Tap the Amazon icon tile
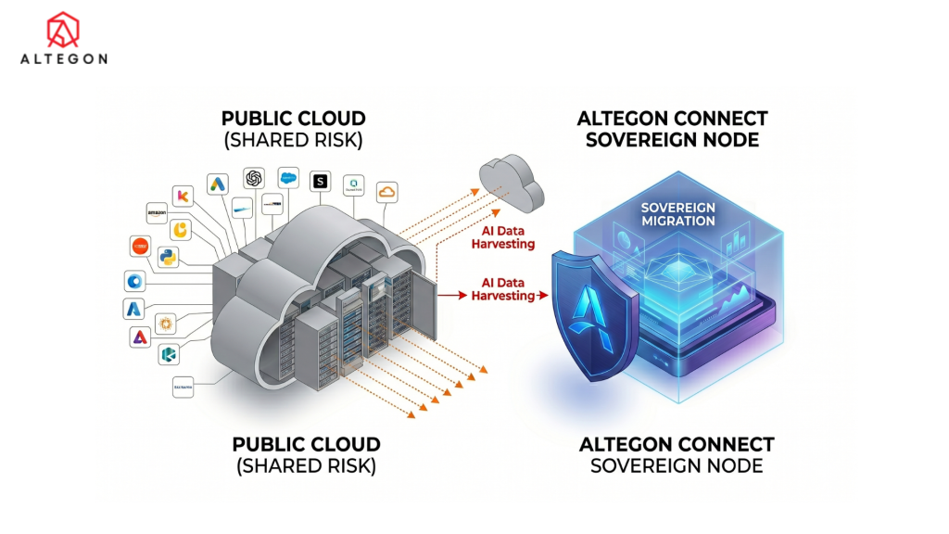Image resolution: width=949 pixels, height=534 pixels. (x=155, y=213)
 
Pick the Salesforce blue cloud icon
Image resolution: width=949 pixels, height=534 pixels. (x=286, y=178)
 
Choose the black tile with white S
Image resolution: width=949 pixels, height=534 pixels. (x=321, y=182)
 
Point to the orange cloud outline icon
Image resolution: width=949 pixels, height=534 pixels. (x=386, y=191)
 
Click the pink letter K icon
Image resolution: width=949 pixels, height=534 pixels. (x=183, y=196)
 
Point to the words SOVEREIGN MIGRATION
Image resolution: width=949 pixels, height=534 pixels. (x=678, y=214)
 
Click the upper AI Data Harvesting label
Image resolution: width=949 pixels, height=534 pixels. (x=501, y=238)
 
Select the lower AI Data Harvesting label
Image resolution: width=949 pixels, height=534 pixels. (x=501, y=289)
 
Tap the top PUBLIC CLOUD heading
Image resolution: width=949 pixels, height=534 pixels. (x=293, y=119)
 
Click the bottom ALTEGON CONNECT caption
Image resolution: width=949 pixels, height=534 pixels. (x=677, y=444)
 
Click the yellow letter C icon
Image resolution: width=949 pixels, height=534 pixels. (x=183, y=228)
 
